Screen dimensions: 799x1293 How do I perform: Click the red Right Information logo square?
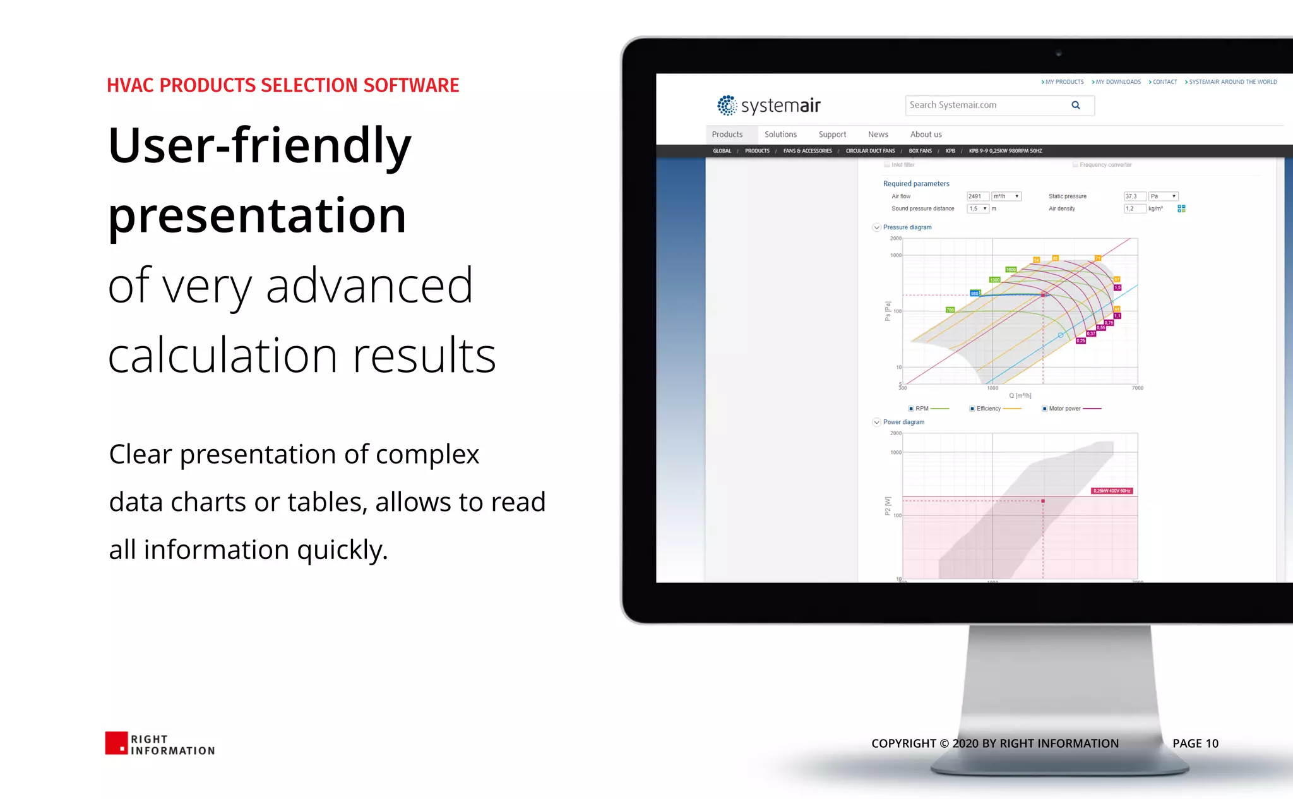click(x=116, y=743)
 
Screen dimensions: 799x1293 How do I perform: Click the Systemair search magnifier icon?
click(x=1076, y=105)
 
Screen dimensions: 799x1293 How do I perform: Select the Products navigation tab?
click(x=727, y=135)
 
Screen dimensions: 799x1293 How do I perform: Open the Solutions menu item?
click(x=780, y=135)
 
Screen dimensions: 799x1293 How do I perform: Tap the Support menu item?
click(x=832, y=135)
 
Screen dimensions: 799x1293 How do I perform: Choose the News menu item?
click(x=878, y=135)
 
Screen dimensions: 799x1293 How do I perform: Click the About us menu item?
click(x=926, y=135)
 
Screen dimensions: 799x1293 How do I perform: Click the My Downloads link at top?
click(x=1117, y=82)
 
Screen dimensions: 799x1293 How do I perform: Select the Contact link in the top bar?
click(x=1164, y=82)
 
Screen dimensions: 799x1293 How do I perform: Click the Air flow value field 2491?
click(x=977, y=196)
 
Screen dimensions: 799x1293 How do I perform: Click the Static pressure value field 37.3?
click(x=1134, y=196)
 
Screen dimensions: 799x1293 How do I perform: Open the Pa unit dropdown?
click(x=1164, y=196)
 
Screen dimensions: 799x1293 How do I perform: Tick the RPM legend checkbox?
click(x=911, y=409)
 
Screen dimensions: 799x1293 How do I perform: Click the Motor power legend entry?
click(x=1064, y=409)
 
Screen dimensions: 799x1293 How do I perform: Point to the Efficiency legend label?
click(x=989, y=409)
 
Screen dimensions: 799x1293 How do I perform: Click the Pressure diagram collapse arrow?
click(x=876, y=227)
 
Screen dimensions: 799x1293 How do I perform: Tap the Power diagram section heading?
click(x=903, y=422)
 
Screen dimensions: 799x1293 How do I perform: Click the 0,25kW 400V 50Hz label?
click(x=1112, y=491)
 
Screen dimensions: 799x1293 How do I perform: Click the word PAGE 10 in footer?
click(x=1195, y=743)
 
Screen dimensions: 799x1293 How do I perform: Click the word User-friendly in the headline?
click(x=259, y=145)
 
